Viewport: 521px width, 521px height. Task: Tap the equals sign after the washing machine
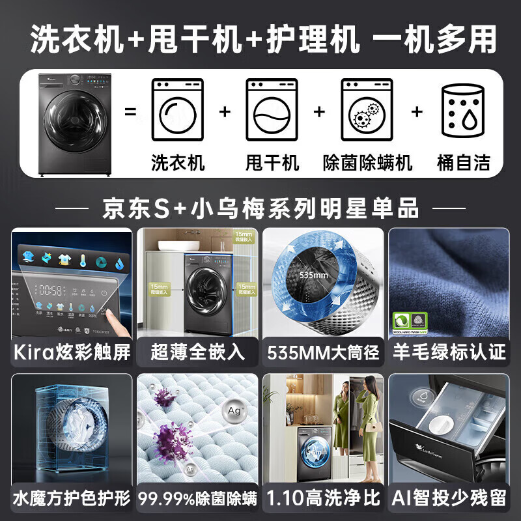coord(131,111)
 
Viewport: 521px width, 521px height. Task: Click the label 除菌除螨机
coord(368,162)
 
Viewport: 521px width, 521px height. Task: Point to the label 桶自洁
coord(463,162)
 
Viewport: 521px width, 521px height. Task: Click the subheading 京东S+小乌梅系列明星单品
coord(260,209)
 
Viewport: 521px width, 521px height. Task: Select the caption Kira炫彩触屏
coord(71,353)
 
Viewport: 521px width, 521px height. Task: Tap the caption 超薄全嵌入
coord(197,353)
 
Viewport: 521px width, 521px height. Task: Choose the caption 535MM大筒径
coord(323,353)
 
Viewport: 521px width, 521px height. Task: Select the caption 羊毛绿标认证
coord(449,353)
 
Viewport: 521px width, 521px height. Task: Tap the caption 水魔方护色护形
coord(71,499)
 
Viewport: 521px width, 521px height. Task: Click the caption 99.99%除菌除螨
coord(197,499)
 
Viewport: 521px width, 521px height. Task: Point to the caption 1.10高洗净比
coord(323,499)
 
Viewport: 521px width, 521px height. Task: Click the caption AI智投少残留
coord(449,499)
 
